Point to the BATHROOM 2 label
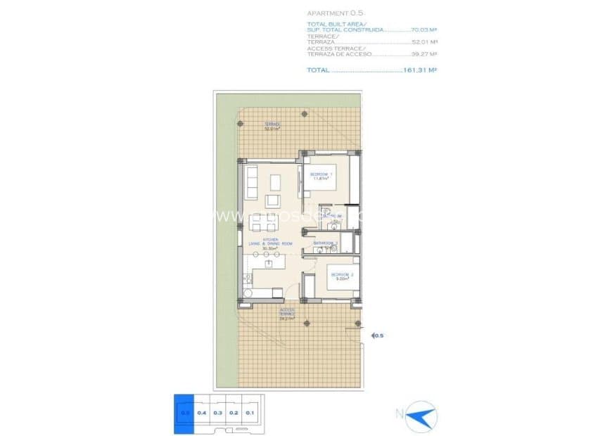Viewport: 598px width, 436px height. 326,244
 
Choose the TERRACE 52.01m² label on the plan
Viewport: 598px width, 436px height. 272,126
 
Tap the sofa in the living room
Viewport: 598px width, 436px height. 251,184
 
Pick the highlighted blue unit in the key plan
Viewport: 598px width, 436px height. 184,413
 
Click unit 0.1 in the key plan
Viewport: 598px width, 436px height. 250,413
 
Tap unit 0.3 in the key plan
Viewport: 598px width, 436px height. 217,413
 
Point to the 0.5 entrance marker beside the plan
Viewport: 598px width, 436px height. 378,336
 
